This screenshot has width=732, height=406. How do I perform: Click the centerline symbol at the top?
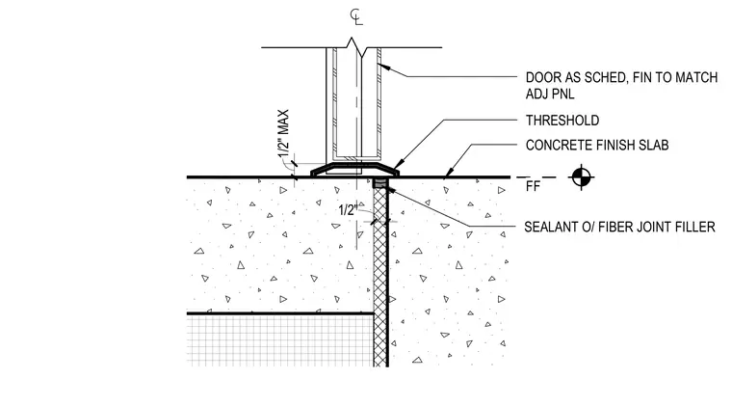click(356, 16)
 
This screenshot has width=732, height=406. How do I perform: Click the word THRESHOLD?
click(562, 121)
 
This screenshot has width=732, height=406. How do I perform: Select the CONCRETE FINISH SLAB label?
click(597, 146)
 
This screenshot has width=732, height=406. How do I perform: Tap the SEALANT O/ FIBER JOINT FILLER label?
click(619, 227)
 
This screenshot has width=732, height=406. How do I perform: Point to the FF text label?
click(533, 186)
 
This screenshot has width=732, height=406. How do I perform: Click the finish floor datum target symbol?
click(581, 177)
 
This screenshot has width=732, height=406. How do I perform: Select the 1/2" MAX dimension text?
click(283, 134)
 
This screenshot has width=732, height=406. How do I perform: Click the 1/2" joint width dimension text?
click(348, 210)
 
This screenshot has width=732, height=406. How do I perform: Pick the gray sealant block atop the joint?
click(380, 182)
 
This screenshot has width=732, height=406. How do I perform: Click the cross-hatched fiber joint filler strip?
click(380, 277)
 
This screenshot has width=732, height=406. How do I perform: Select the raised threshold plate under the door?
click(355, 170)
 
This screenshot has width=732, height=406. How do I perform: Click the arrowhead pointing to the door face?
click(382, 67)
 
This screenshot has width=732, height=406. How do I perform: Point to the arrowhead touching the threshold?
click(396, 166)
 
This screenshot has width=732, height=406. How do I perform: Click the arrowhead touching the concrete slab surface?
click(447, 174)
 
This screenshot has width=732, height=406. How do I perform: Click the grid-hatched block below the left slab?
click(280, 340)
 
